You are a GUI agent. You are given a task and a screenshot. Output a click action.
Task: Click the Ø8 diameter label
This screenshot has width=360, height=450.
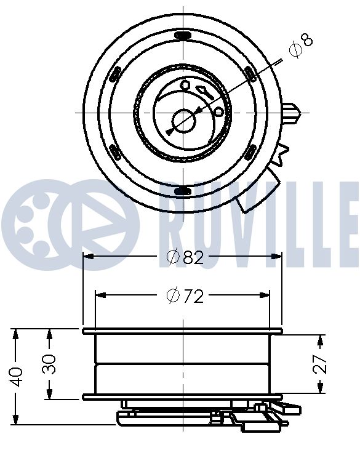click(x=301, y=47)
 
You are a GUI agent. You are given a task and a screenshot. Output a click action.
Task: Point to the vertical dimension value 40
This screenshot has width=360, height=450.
click(x=17, y=376)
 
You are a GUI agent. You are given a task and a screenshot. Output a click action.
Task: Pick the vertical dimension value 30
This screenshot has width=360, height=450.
click(x=50, y=363)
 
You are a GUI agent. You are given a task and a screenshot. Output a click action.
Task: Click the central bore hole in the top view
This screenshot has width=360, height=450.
click(x=183, y=119)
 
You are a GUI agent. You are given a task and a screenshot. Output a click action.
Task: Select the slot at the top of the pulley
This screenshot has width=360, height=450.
click(x=182, y=35)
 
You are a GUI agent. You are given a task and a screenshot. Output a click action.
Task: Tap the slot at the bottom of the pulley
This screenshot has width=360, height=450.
click(x=182, y=191)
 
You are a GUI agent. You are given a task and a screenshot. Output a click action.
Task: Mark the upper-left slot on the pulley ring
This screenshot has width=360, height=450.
click(x=114, y=74)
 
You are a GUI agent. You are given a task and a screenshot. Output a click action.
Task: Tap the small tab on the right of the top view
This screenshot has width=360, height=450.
click(x=294, y=113)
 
